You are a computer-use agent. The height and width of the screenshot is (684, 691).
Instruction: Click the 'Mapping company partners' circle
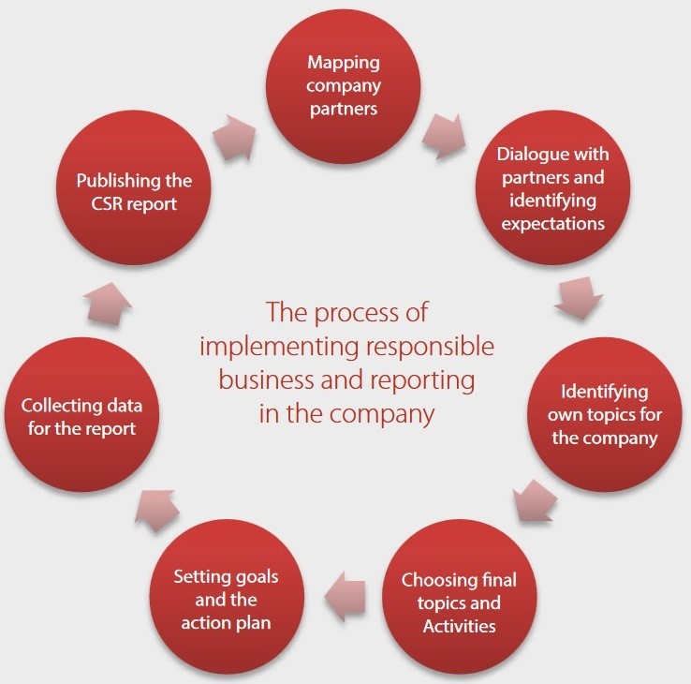[344, 86]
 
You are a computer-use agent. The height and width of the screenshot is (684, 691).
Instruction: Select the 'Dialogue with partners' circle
[552, 187]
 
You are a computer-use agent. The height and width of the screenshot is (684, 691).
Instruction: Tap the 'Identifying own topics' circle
[604, 414]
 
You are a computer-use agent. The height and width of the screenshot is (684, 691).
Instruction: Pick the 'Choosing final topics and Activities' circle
[459, 597]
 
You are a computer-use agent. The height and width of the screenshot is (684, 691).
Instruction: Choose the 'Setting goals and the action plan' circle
[227, 597]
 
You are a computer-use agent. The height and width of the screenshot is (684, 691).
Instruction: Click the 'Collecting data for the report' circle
[81, 414]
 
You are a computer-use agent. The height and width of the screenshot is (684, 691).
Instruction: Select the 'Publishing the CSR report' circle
[134, 187]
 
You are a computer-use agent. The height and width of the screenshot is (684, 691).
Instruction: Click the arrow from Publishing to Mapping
[233, 137]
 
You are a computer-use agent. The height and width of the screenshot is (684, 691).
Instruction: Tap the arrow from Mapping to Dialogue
[444, 136]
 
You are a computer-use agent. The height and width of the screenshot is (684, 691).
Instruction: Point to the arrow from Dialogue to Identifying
[579, 298]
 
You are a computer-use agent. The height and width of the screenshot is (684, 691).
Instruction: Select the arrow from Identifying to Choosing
[535, 500]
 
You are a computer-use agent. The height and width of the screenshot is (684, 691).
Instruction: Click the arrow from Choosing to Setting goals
[345, 597]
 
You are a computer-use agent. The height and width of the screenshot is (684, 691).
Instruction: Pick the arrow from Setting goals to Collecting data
[157, 511]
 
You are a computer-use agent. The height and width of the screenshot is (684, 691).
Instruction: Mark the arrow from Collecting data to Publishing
[107, 305]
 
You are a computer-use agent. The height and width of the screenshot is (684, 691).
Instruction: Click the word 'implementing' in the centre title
[279, 347]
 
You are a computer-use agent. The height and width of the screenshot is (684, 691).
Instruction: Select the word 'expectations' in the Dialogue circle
[552, 224]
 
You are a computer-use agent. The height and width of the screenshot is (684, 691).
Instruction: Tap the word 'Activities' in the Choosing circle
[459, 626]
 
